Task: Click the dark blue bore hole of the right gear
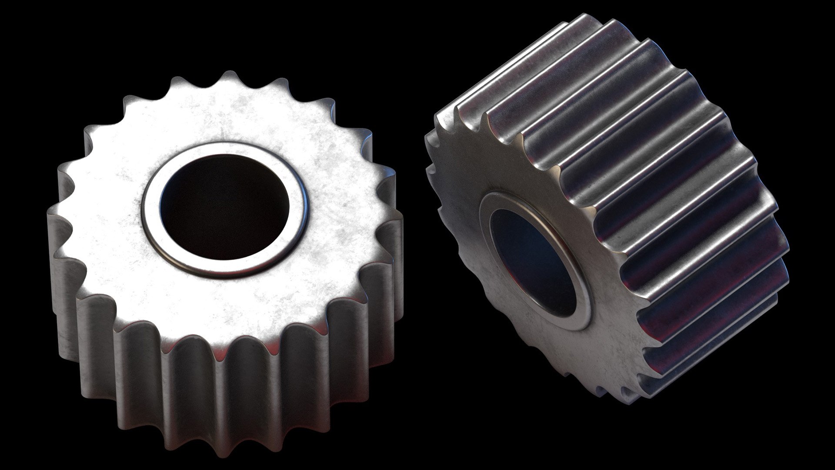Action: pos(533,261)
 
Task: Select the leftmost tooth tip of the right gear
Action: pos(428,139)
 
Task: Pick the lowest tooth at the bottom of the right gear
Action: pos(652,392)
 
